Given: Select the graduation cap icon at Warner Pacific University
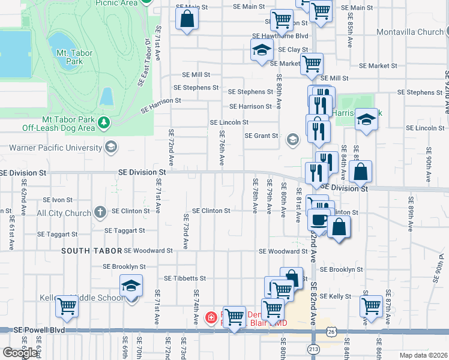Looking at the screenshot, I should pos(110,147).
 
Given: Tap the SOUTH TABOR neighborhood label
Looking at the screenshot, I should pos(91,251).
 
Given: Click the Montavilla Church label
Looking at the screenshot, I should pos(410,32).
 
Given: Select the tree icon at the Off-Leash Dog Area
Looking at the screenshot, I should pos(105,122).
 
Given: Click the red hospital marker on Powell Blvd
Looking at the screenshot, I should pos(211,317).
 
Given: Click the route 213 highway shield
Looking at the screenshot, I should pos(313,348).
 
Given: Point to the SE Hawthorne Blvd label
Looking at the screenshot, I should pos(280,36).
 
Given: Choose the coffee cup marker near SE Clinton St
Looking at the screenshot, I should pos(319,219).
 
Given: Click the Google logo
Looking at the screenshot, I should pos(20,353).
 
